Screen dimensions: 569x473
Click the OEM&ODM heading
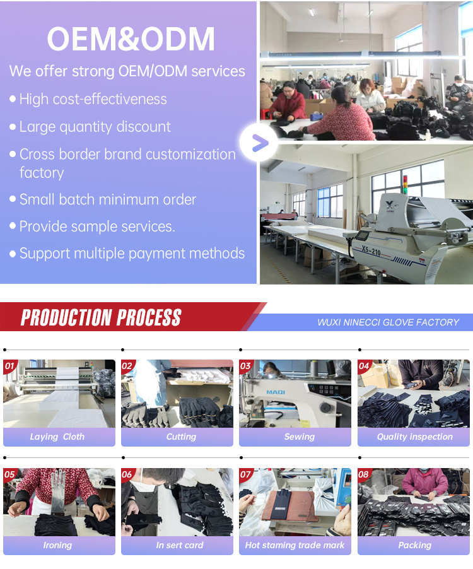pyautogui.click(x=131, y=39)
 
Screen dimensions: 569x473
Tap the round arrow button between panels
pyautogui.click(x=259, y=143)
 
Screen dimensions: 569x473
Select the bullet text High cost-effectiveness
pyautogui.click(x=93, y=99)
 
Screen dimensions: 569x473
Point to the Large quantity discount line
pyautogui.click(x=95, y=127)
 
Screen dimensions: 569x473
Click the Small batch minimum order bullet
pyautogui.click(x=107, y=200)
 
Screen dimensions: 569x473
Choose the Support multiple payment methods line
pyautogui.click(x=132, y=254)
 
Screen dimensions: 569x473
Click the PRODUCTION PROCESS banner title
pyautogui.click(x=101, y=318)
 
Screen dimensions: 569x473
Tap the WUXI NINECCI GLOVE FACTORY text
pyautogui.click(x=388, y=322)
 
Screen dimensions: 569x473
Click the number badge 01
pyautogui.click(x=10, y=366)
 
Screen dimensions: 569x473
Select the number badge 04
pyautogui.click(x=365, y=366)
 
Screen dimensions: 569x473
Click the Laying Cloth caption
pyautogui.click(x=57, y=437)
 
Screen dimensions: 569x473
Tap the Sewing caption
pyautogui.click(x=299, y=437)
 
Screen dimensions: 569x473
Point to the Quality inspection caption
pyautogui.click(x=414, y=437)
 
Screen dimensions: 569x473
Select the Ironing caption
pyautogui.click(x=57, y=545)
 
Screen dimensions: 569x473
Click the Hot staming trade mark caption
pyautogui.click(x=295, y=545)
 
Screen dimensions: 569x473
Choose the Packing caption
pyautogui.click(x=414, y=545)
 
